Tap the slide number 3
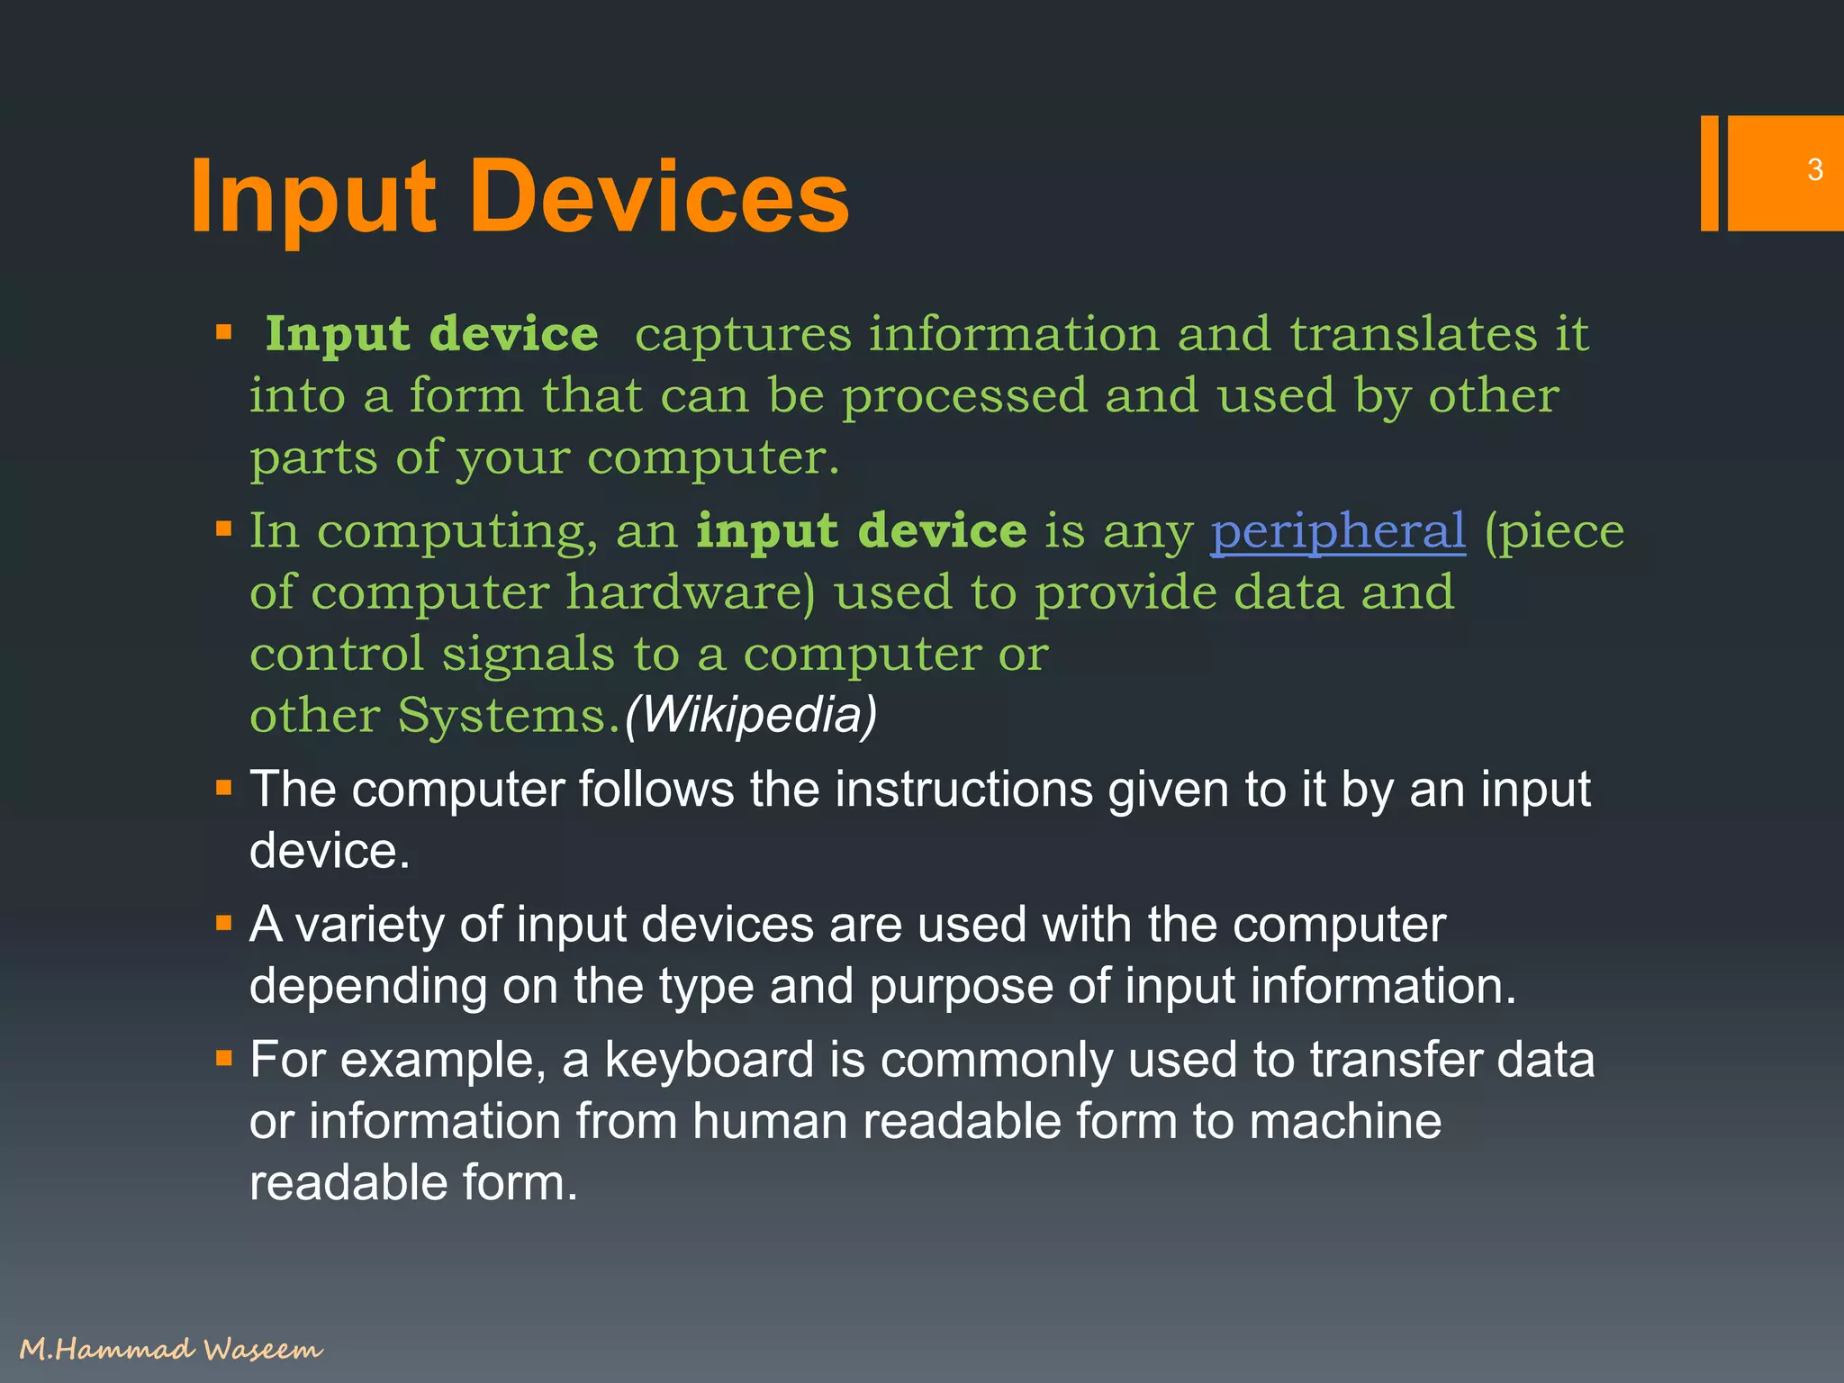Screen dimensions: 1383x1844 pos(1815,170)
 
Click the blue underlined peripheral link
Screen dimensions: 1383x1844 pos(1338,531)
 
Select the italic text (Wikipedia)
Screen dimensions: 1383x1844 pos(750,715)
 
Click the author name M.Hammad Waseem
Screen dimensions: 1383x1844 pos(170,1349)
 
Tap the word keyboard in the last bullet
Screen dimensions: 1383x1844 pos(710,1060)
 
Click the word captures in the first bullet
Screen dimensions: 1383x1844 pos(742,335)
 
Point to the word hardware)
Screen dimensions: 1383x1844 pos(691,592)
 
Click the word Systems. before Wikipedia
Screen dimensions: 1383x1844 pos(509,716)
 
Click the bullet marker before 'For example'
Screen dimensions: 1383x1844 pos(224,1058)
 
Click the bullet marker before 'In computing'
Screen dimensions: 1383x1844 pos(224,529)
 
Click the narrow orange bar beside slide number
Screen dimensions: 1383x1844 pos(1709,173)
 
